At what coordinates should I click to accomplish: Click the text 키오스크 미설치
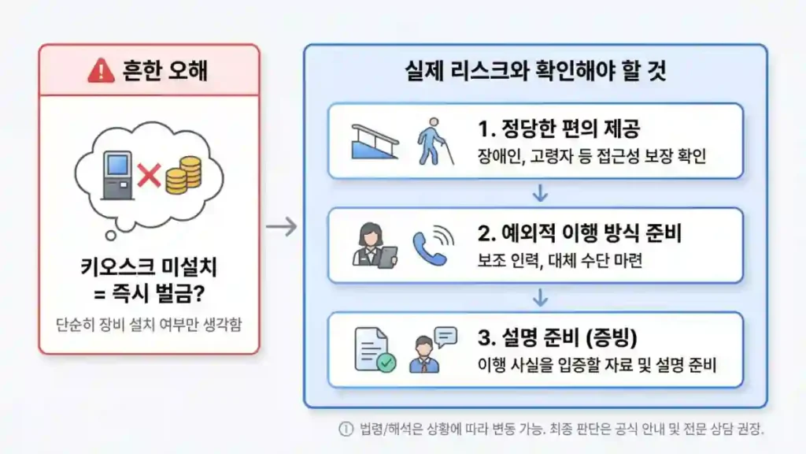[x=149, y=267]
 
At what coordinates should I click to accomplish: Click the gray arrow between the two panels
[x=281, y=227]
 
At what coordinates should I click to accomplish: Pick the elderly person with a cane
[x=429, y=141]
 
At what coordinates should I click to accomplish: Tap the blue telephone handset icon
[x=431, y=245]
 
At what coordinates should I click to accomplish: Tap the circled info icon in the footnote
[x=345, y=430]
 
